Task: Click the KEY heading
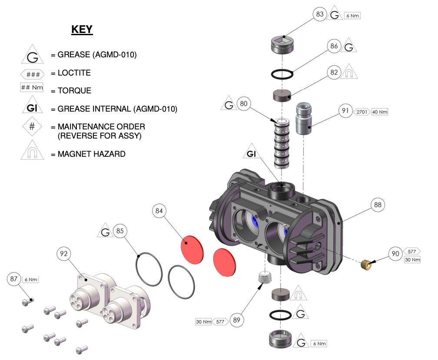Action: pos(82,30)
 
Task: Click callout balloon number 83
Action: pos(320,14)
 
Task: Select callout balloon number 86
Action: pos(334,46)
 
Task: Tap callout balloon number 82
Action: pos(334,73)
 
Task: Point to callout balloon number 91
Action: pos(345,111)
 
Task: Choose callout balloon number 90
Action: pos(395,254)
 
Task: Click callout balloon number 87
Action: pos(14,279)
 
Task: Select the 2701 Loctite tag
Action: pos(362,112)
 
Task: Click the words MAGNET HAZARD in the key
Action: pos(92,154)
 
